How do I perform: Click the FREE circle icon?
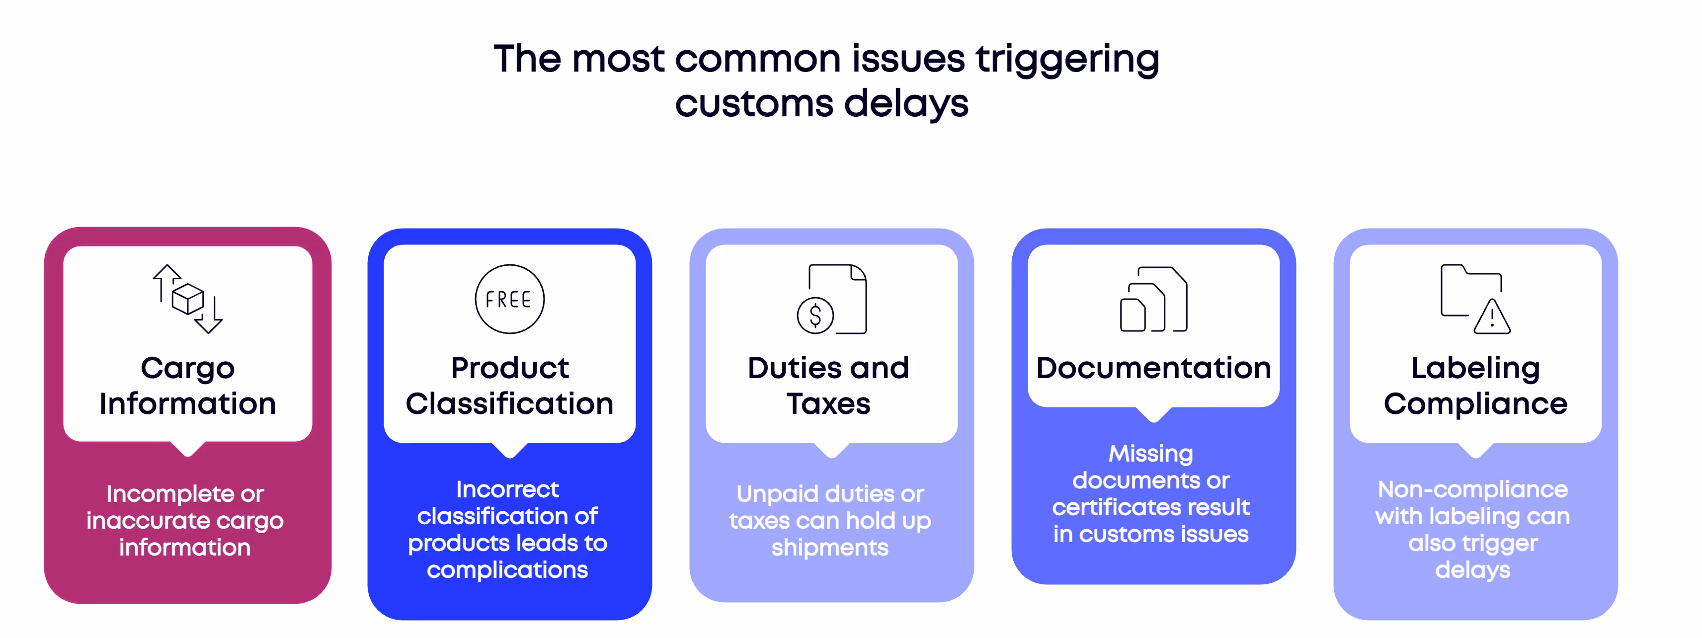[x=509, y=299]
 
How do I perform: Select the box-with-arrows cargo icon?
[x=188, y=299]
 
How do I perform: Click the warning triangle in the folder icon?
[x=1492, y=318]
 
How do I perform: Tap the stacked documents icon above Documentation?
[x=1153, y=299]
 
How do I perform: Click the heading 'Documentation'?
[x=1153, y=368]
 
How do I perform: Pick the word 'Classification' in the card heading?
[x=509, y=403]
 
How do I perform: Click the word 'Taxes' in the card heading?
[x=828, y=403]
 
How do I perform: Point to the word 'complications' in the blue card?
[x=507, y=570]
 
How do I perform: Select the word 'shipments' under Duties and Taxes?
[x=830, y=548]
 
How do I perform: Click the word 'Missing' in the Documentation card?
[x=1151, y=454]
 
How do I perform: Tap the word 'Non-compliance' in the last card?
[x=1473, y=489]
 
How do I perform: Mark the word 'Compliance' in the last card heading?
[x=1475, y=403]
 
